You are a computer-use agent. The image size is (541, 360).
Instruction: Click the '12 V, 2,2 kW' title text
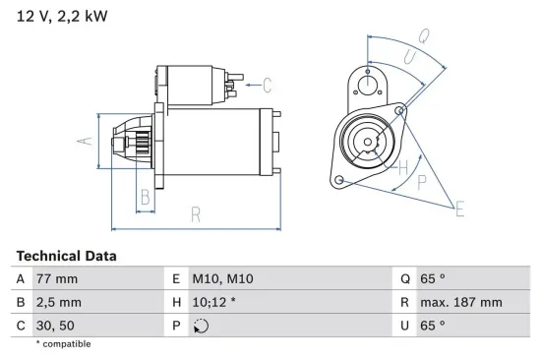pos(60,17)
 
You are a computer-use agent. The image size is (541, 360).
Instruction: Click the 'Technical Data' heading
pos(66,255)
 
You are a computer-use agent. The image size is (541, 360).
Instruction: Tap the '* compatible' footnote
pos(63,343)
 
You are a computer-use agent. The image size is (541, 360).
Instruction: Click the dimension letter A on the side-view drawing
pos(87,141)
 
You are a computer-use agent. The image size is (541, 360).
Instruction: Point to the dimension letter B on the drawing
pos(144,197)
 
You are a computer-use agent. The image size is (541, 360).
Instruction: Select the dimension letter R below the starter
pos(196,213)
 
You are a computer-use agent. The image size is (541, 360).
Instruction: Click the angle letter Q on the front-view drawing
pos(424,36)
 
